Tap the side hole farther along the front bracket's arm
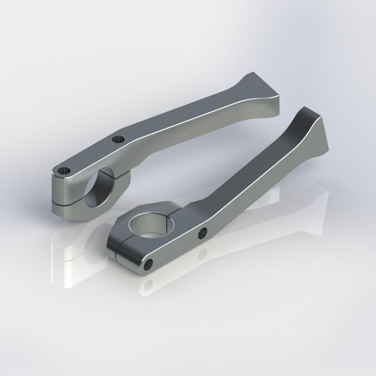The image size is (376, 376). pos(203,232)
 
